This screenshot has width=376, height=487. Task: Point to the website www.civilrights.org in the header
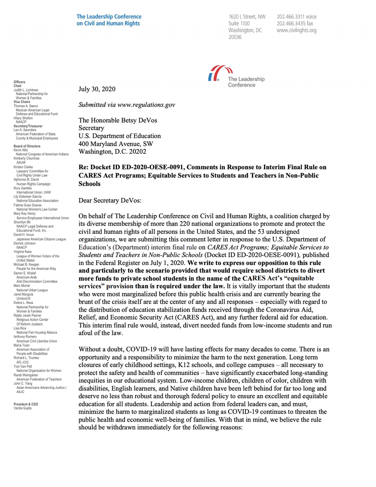point(296,30)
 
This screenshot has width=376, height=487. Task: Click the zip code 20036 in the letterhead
point(235,37)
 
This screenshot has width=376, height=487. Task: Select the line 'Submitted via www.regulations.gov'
point(127,105)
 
